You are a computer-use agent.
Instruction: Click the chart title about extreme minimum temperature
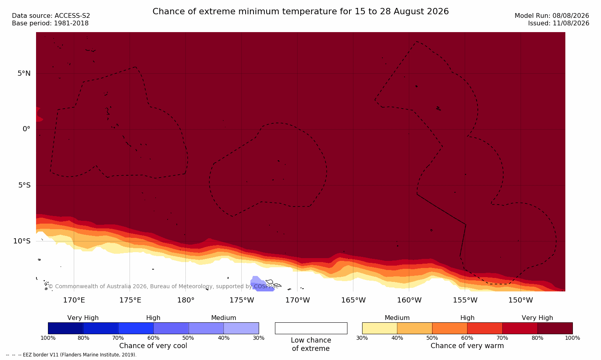pyautogui.click(x=300, y=11)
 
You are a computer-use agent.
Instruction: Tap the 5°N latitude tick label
pyautogui.click(x=24, y=73)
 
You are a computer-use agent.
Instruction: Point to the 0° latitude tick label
pyautogui.click(x=26, y=129)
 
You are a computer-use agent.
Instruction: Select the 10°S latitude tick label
pyautogui.click(x=22, y=241)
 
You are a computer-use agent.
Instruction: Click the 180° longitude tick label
pyautogui.click(x=186, y=300)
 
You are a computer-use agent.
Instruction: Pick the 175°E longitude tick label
pyautogui.click(x=130, y=300)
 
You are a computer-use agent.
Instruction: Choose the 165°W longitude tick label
pyautogui.click(x=353, y=300)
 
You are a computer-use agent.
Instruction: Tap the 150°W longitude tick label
pyautogui.click(x=521, y=300)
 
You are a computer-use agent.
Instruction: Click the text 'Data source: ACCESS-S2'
pyautogui.click(x=51, y=16)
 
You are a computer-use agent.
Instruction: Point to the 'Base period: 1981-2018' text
pyautogui.click(x=50, y=23)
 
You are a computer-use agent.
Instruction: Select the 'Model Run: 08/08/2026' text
pyautogui.click(x=551, y=16)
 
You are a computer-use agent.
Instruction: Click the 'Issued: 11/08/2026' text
pyautogui.click(x=559, y=23)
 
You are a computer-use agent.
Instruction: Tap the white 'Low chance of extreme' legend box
pyautogui.click(x=311, y=328)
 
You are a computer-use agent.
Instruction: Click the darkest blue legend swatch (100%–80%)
pyautogui.click(x=66, y=328)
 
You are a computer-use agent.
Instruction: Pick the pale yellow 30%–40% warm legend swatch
pyautogui.click(x=380, y=328)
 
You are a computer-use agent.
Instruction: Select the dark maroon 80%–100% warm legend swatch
pyautogui.click(x=555, y=328)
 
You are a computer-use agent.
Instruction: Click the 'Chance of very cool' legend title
pyautogui.click(x=153, y=346)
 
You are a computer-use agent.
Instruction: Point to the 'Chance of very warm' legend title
pyautogui.click(x=467, y=346)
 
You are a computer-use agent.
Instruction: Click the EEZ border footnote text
pyautogui.click(x=71, y=354)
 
